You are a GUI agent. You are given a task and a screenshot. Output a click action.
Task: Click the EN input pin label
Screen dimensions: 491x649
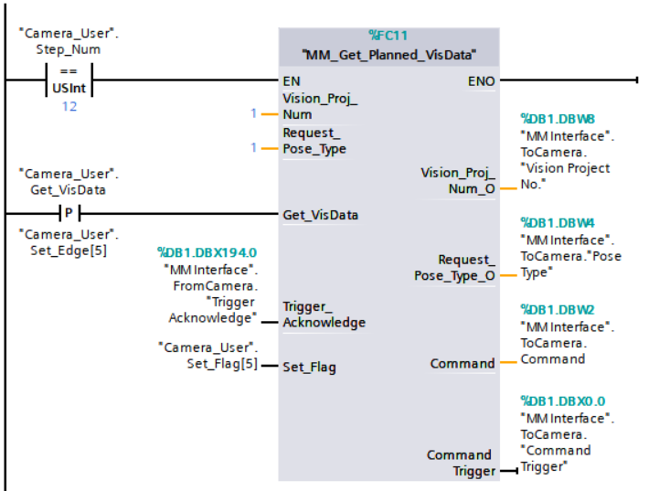point(292,81)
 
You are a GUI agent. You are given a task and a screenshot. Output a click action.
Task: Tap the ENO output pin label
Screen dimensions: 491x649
point(481,81)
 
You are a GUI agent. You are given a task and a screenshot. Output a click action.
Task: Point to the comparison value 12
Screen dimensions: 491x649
point(69,107)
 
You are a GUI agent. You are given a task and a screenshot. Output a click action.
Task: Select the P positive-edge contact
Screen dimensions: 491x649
point(69,215)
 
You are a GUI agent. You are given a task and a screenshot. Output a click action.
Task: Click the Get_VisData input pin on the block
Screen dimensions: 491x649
point(320,215)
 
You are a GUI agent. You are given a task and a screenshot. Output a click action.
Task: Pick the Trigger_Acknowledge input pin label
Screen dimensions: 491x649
point(324,315)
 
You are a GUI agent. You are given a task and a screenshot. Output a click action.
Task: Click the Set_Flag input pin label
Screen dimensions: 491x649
point(309,368)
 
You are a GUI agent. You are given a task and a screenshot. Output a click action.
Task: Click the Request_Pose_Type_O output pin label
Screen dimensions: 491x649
point(453,268)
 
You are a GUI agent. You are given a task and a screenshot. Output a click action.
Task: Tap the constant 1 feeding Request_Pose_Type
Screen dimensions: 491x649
point(253,146)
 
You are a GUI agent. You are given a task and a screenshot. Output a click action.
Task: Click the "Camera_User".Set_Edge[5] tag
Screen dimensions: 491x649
point(69,240)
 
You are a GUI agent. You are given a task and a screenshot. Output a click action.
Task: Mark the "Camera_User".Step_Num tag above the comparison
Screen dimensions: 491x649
point(69,41)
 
